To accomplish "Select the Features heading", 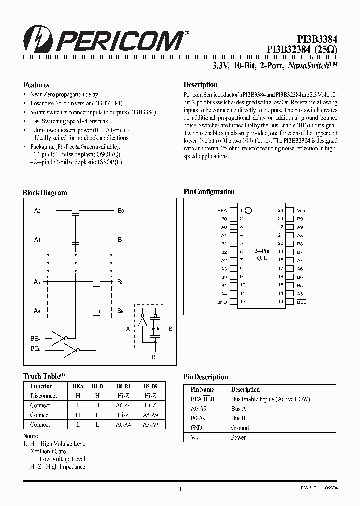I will (36, 85).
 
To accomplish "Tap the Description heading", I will (200, 85).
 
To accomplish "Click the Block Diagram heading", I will (45, 193).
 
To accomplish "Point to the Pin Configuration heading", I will (209, 192).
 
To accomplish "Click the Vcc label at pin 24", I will (301, 211).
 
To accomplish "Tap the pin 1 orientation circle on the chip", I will (248, 211).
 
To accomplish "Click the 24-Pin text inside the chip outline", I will (262, 251).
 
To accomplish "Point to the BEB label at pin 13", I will (301, 302).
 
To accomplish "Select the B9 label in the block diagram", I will (120, 311).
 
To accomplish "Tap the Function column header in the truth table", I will (41, 386).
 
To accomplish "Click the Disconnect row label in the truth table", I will (43, 396).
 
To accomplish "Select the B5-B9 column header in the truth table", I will (150, 386).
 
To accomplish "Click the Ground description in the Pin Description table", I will (240, 428).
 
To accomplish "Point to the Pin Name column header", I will (202, 390).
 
